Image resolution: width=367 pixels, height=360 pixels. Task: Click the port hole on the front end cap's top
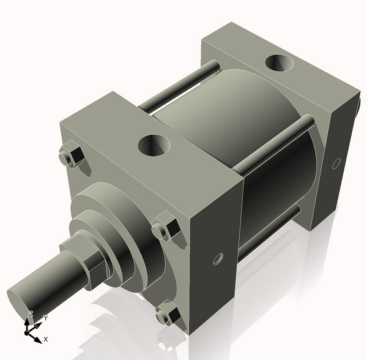[x=154, y=146]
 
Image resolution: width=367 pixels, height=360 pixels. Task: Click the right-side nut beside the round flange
[x=165, y=229]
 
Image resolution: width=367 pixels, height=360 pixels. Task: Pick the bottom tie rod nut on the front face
[x=166, y=316]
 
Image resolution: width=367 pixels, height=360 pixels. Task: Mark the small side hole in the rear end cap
[x=335, y=163]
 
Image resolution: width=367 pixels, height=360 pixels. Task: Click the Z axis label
[x=30, y=314]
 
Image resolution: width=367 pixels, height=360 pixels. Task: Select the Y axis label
[x=45, y=318]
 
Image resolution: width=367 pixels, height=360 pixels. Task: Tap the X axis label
[x=46, y=339]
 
